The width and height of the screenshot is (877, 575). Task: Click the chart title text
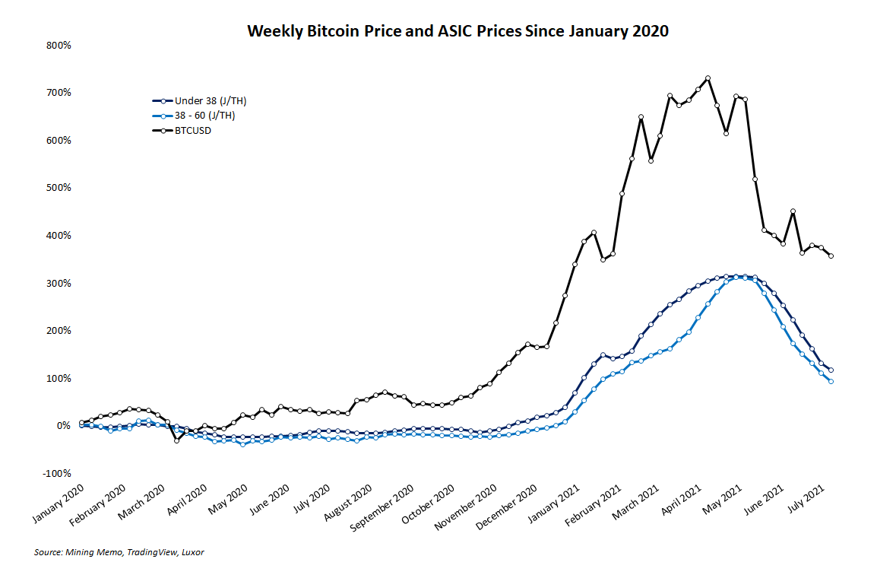(457, 31)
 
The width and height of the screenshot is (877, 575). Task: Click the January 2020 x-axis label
(59, 504)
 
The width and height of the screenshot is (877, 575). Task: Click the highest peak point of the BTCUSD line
(708, 78)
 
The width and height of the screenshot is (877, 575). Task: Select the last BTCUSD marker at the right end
(831, 256)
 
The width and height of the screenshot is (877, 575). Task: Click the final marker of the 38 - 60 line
(831, 382)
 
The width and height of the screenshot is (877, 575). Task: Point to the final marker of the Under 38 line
(831, 370)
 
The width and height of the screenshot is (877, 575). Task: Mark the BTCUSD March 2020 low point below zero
(176, 440)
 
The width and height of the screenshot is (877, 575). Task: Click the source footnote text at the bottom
(119, 552)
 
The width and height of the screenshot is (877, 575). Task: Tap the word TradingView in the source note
(154, 552)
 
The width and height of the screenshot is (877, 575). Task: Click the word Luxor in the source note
(193, 552)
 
